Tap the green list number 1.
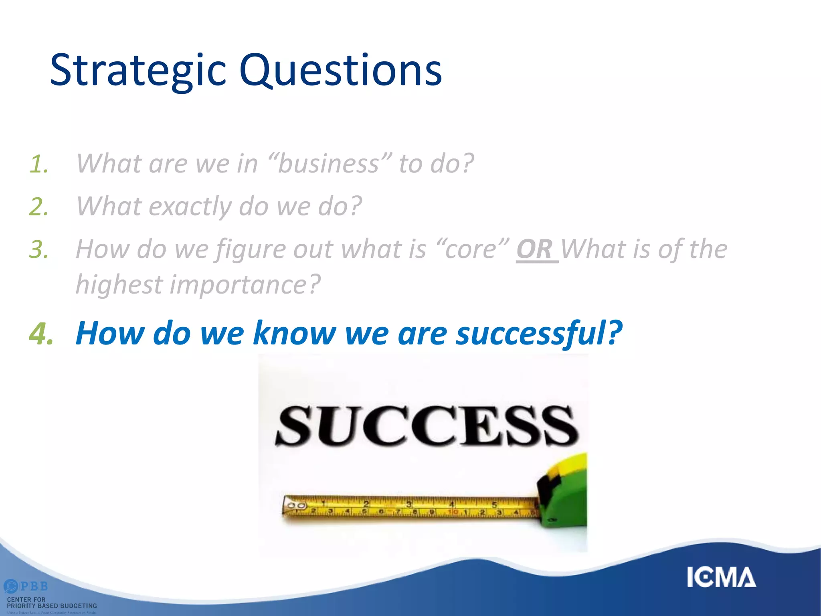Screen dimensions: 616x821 39,164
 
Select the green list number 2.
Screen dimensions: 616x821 39,207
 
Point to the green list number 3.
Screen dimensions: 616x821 39,250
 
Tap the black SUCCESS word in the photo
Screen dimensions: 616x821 427,426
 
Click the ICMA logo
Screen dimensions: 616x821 721,577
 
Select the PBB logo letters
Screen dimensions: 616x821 34,586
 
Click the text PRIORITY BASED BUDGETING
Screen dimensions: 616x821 52,606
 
